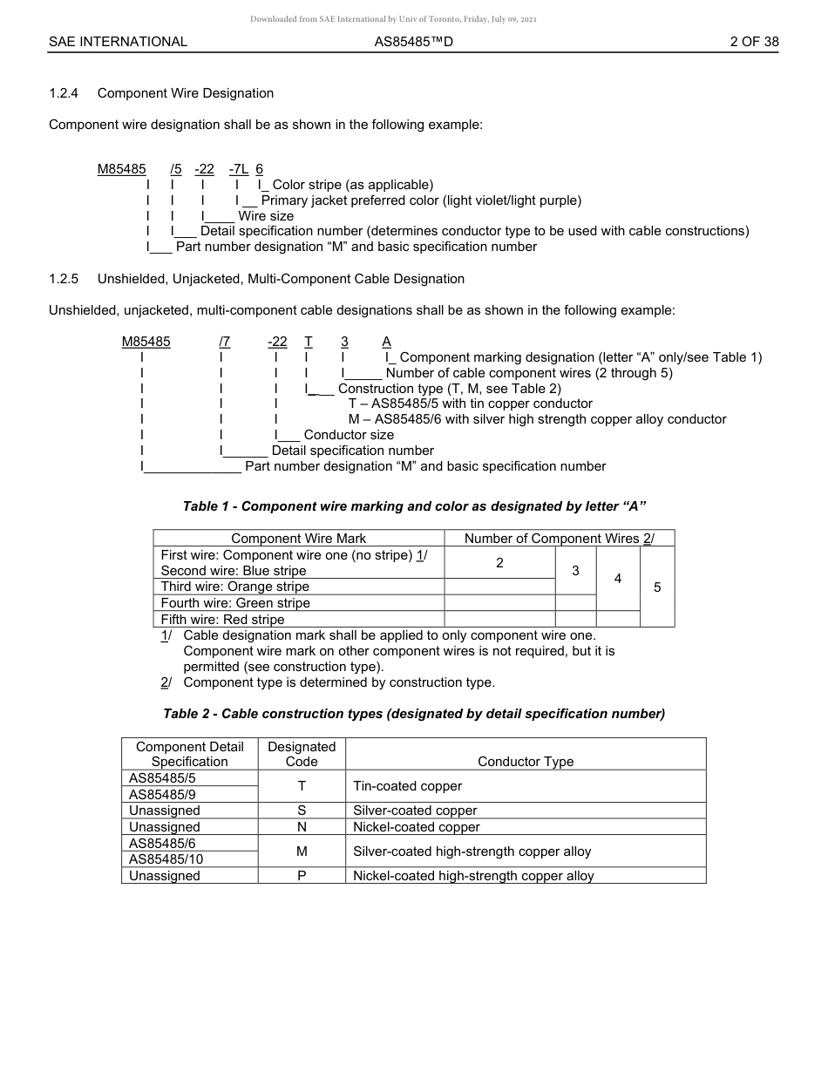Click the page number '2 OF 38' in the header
(754, 42)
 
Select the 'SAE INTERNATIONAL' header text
(118, 42)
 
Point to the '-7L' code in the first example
(238, 169)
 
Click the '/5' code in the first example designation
(176, 169)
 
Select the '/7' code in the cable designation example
(225, 342)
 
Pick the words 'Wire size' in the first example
(266, 216)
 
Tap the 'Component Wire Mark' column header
(298, 539)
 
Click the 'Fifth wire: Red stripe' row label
(223, 620)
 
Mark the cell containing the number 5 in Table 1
(657, 587)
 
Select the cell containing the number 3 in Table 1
(575, 571)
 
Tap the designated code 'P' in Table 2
(302, 876)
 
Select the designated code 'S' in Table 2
(302, 811)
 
